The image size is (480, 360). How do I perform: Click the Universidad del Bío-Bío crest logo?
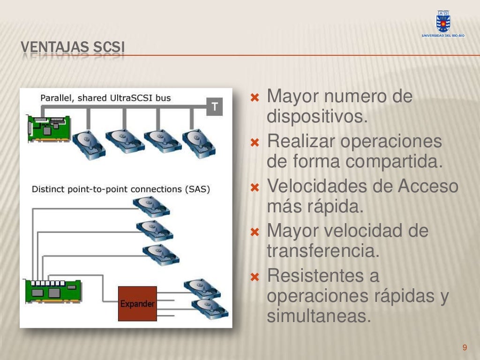click(442, 22)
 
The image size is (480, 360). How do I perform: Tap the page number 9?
click(465, 347)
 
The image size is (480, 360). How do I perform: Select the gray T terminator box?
click(215, 107)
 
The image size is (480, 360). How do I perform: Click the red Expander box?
click(137, 303)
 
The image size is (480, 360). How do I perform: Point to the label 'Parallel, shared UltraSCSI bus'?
click(105, 98)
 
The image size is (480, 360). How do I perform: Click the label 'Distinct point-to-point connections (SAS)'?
click(121, 189)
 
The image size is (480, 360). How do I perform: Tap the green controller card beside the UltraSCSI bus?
click(49, 127)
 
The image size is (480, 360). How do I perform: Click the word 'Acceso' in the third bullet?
click(428, 187)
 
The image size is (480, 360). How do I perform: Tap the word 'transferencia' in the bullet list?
click(323, 251)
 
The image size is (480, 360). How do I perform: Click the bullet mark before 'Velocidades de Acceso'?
click(255, 188)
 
